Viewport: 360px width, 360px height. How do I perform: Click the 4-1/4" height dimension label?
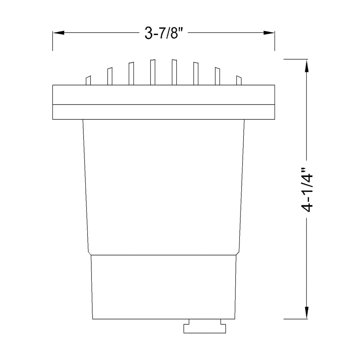[307, 189]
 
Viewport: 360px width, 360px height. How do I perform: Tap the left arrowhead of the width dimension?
[59, 33]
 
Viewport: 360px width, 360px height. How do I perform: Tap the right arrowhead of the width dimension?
[269, 33]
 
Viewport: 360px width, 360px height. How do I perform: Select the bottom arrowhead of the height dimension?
[307, 313]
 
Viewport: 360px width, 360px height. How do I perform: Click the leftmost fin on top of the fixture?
[88, 80]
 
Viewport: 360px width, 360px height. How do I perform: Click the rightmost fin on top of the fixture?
[239, 80]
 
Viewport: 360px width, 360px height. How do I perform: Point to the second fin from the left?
[110, 76]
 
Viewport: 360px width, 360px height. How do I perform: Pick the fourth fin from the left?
[153, 72]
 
